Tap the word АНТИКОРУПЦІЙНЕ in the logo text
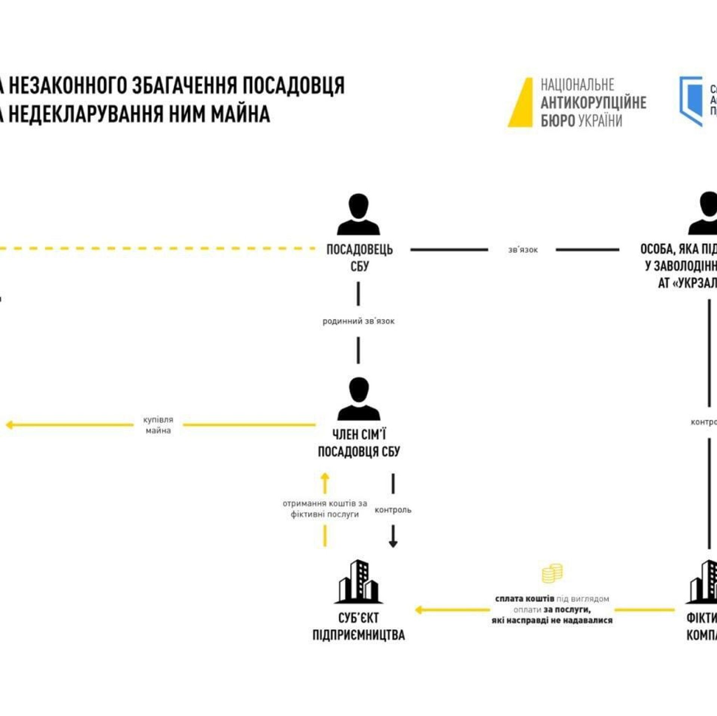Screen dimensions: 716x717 [593, 103]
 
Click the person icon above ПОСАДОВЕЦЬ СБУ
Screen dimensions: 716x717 [358, 214]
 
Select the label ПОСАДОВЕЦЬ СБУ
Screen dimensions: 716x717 [359, 258]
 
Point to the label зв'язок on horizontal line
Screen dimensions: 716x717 [522, 250]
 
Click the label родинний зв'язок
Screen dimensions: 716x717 [358, 321]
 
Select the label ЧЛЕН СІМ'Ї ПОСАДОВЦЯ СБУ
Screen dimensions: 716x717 [358, 443]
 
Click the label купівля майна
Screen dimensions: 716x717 [158, 425]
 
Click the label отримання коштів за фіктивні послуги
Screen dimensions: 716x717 [325, 509]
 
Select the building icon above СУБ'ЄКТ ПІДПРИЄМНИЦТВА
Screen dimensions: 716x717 [358, 582]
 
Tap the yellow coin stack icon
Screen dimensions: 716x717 [552, 574]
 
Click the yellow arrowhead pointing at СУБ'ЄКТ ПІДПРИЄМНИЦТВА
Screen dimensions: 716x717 [419, 610]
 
